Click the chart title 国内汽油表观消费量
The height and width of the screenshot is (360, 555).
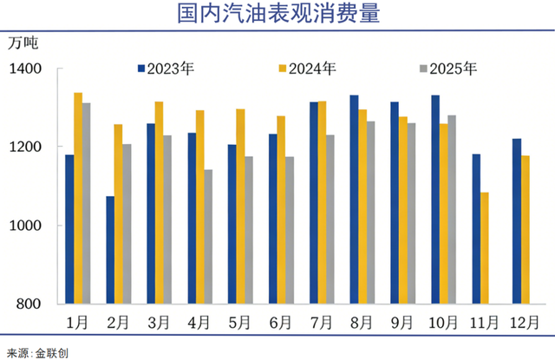[277, 15]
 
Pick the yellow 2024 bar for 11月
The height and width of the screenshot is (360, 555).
[485, 248]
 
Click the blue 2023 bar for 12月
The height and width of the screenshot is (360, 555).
[517, 221]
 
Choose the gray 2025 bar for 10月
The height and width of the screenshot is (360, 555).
[452, 209]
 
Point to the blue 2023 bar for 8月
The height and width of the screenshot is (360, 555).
[354, 200]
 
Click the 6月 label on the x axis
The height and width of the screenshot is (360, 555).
[280, 322]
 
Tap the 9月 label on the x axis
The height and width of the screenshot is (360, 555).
[402, 322]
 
